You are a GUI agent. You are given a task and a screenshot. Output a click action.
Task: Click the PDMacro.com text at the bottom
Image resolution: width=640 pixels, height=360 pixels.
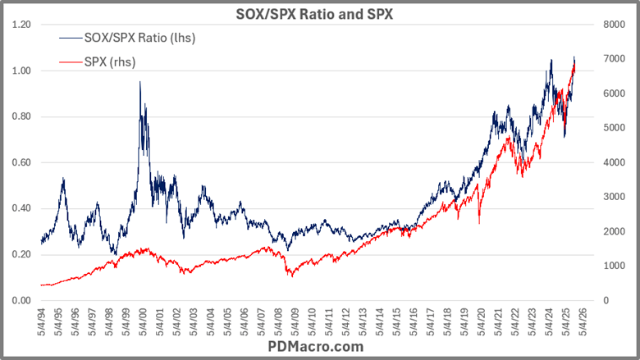pyautogui.click(x=319, y=347)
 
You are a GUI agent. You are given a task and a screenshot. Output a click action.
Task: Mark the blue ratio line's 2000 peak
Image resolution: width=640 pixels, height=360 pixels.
pyautogui.click(x=140, y=82)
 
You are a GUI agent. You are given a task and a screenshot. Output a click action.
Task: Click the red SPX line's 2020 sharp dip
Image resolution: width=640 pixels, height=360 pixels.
pyautogui.click(x=479, y=222)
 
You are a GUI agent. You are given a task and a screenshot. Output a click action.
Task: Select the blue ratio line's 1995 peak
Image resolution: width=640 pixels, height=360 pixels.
pyautogui.click(x=62, y=178)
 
